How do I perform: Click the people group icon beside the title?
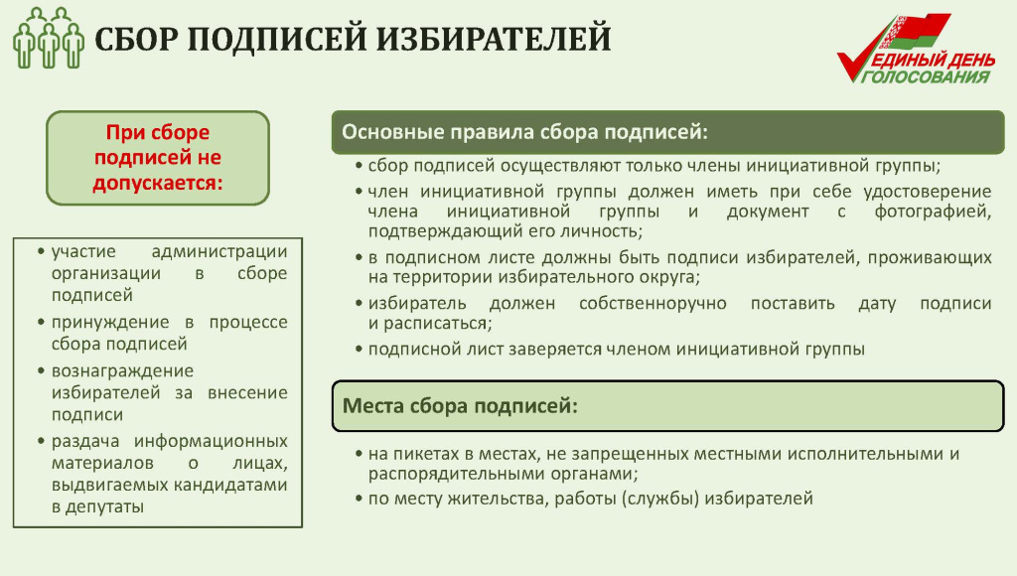tap(48, 38)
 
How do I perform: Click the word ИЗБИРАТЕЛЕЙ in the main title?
tap(494, 39)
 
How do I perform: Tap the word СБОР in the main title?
tap(136, 39)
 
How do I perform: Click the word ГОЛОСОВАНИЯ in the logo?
tap(927, 77)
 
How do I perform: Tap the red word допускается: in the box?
tap(158, 183)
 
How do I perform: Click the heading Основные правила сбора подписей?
tap(524, 132)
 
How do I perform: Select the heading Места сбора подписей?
tap(460, 406)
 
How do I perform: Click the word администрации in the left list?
tap(219, 251)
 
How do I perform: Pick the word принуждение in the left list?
tap(110, 323)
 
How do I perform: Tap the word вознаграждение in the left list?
tap(122, 371)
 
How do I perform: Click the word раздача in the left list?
tap(85, 442)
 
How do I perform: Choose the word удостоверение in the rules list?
tap(927, 192)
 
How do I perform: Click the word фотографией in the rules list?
tap(932, 212)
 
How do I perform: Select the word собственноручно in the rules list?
tap(653, 304)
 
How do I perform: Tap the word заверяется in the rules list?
tap(555, 350)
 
